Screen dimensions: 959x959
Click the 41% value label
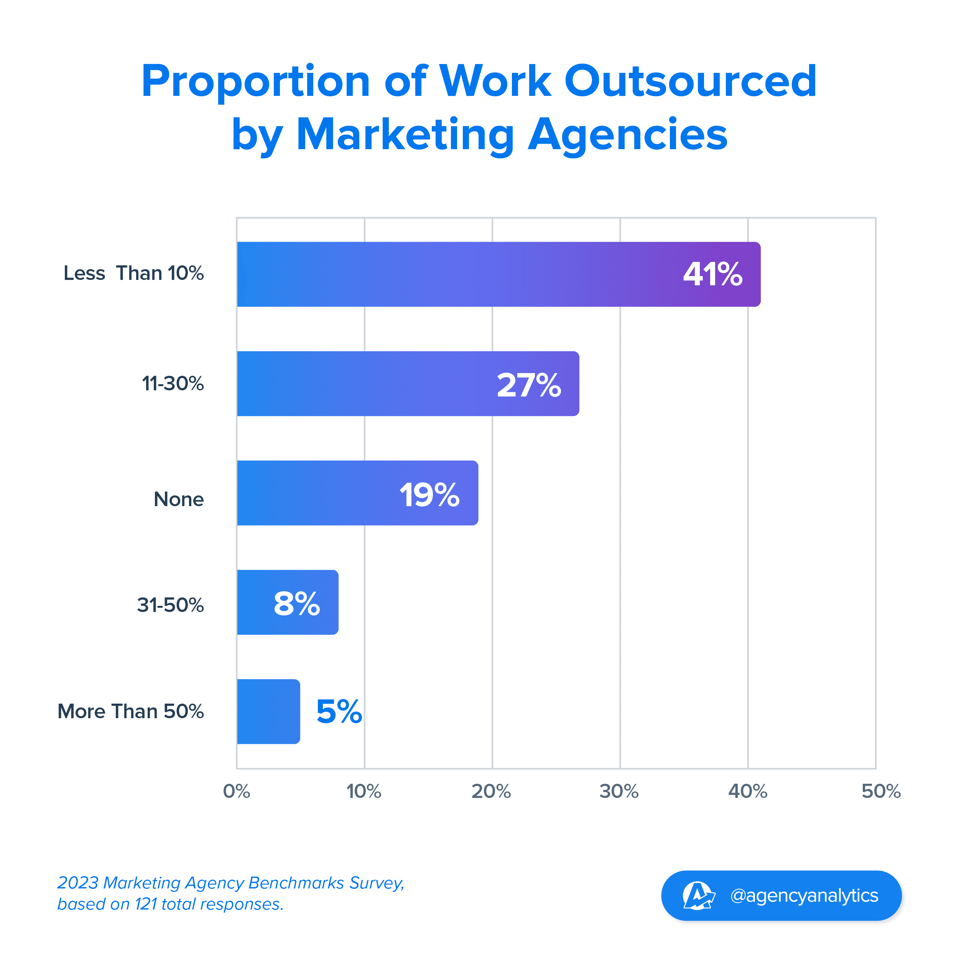click(712, 275)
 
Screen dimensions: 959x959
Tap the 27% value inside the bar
click(529, 385)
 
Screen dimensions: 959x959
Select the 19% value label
click(430, 495)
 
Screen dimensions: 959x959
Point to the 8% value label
click(297, 604)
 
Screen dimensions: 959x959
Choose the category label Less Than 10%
click(133, 273)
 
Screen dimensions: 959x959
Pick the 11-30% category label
click(173, 384)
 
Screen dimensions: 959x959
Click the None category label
click(179, 499)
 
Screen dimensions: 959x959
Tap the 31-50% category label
click(170, 605)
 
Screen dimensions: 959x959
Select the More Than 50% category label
click(130, 711)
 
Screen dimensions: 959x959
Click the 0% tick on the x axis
click(236, 791)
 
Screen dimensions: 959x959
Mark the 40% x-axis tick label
click(748, 791)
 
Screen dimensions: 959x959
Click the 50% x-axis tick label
click(880, 791)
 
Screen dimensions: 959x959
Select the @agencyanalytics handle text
click(804, 895)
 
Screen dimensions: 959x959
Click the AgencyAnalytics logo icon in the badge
click(698, 895)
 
